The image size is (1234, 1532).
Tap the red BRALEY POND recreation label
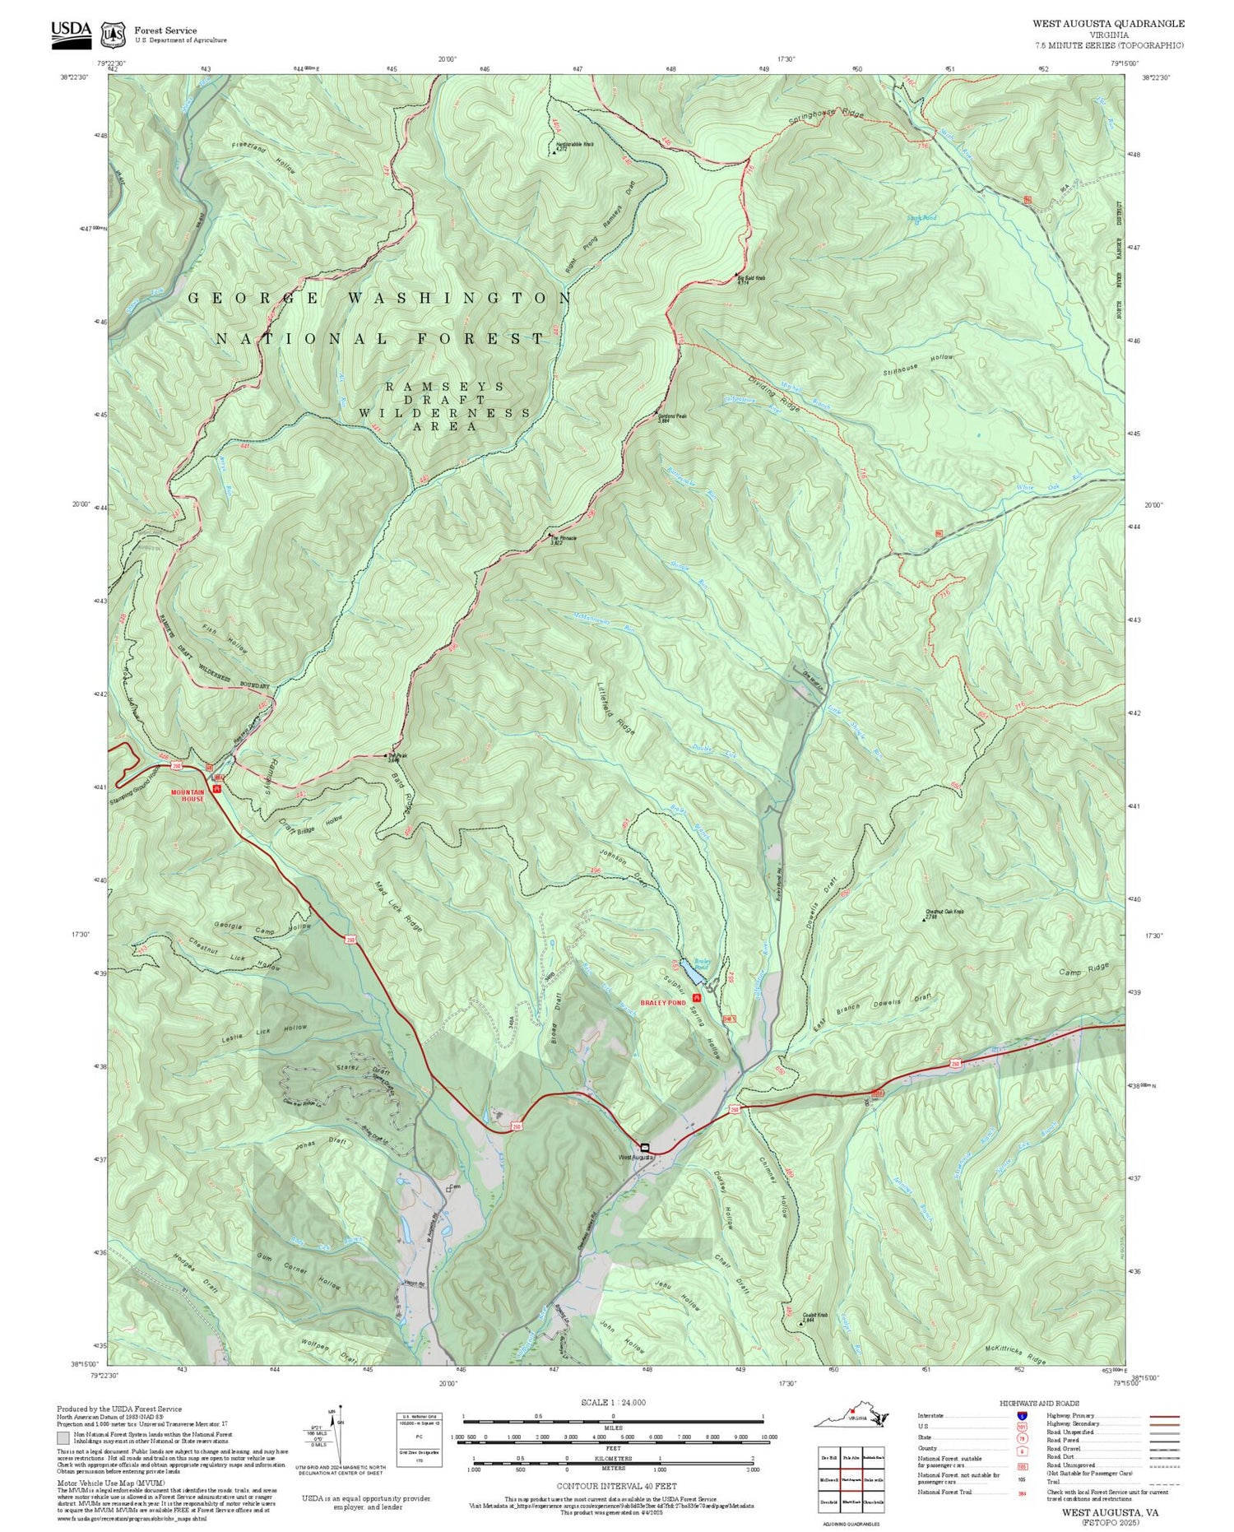(662, 1003)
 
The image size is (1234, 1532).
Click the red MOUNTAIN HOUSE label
(187, 796)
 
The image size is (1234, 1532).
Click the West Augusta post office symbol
(645, 1148)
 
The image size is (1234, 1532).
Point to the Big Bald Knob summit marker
(737, 275)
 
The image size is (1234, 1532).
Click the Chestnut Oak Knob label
(944, 912)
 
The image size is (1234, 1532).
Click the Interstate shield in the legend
(1021, 1416)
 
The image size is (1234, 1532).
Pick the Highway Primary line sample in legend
(1160, 1418)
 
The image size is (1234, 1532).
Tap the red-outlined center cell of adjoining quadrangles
(851, 1479)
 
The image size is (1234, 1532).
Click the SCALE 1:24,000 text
(613, 1402)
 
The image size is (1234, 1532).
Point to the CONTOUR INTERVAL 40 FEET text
(616, 1486)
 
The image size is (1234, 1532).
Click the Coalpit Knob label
(815, 1315)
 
